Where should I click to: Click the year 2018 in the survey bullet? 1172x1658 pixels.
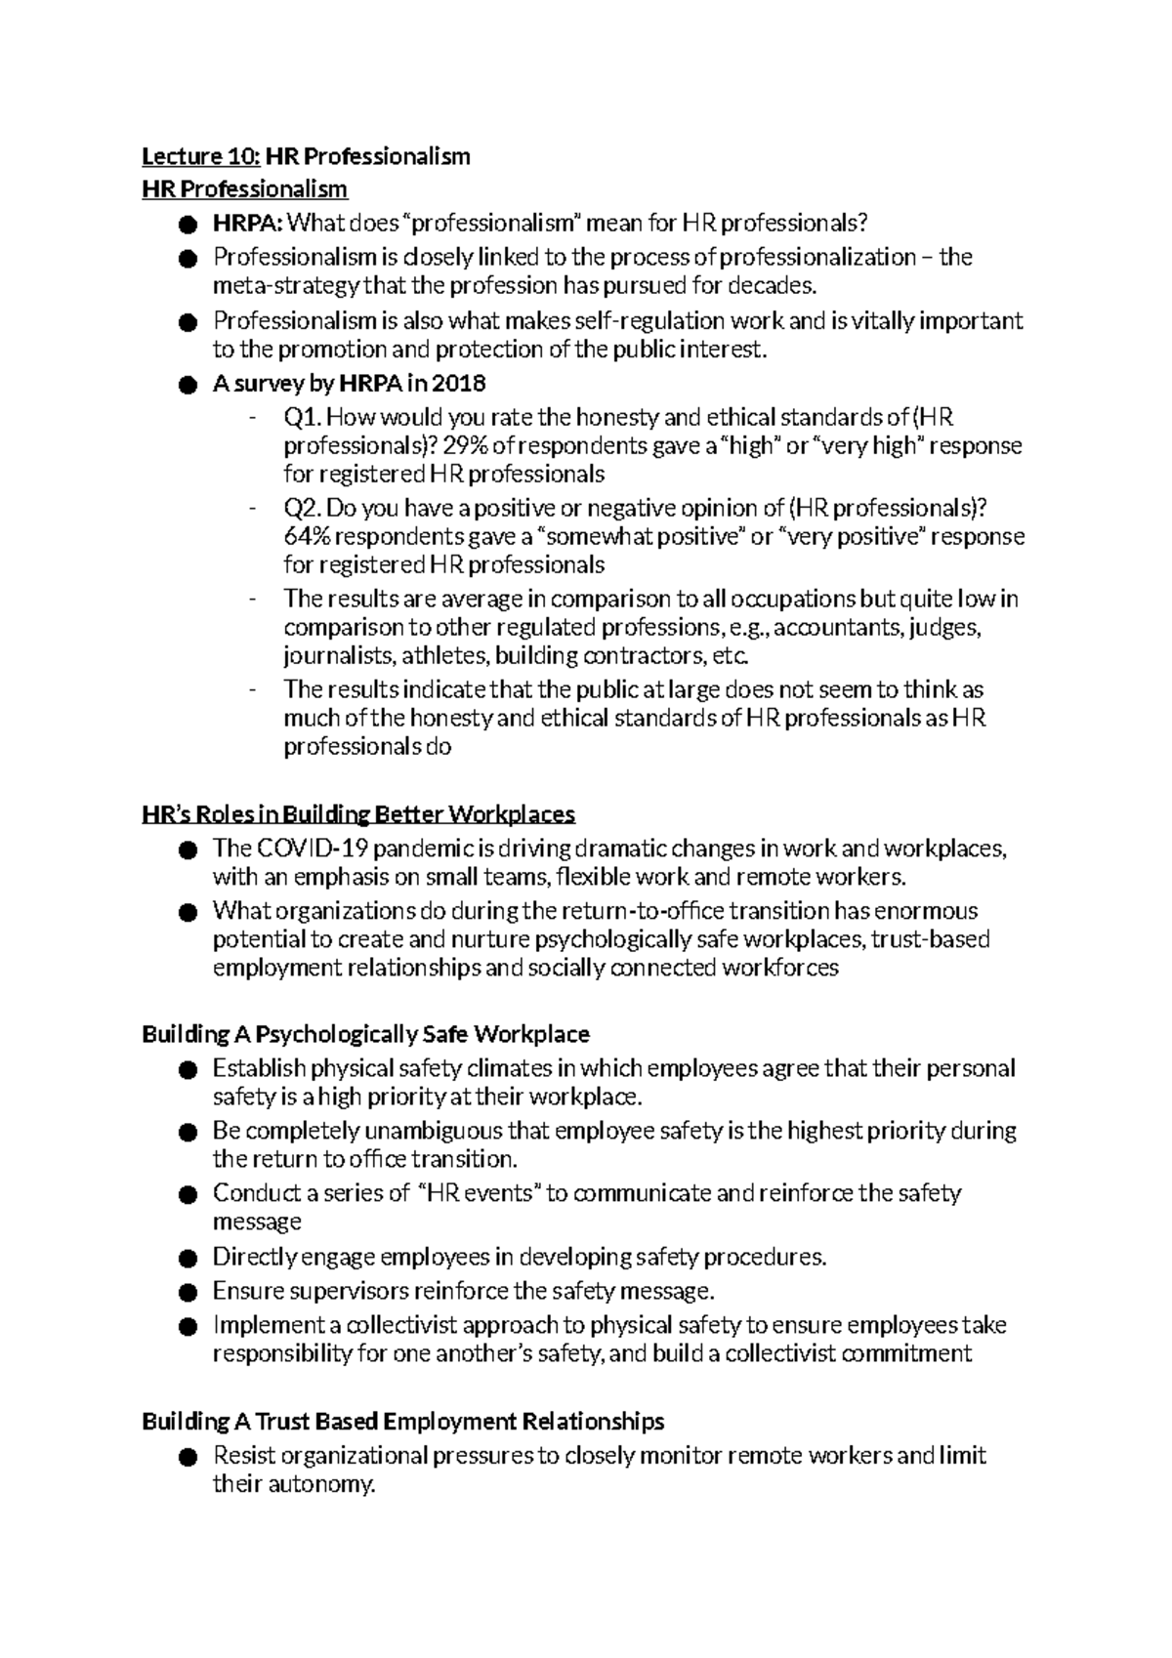pyautogui.click(x=459, y=384)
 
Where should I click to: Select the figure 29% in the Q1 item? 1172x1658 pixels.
pyautogui.click(x=464, y=446)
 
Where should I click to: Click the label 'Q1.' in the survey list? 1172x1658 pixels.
pyautogui.click(x=302, y=418)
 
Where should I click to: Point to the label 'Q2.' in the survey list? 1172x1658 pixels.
pyautogui.click(x=302, y=509)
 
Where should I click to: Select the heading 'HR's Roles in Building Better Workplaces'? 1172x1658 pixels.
pyautogui.click(x=358, y=814)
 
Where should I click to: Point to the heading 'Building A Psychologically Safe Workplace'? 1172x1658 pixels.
pyautogui.click(x=365, y=1034)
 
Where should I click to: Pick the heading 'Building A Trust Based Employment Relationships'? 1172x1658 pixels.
pyautogui.click(x=402, y=1421)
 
